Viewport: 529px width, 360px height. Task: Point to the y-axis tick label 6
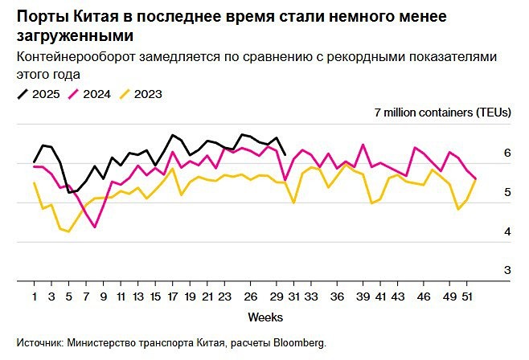click(506, 153)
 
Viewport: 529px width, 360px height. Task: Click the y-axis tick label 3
click(506, 271)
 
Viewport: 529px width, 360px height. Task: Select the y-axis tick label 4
click(506, 231)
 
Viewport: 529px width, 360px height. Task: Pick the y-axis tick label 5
click(506, 192)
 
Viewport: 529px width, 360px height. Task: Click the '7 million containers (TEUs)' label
click(443, 112)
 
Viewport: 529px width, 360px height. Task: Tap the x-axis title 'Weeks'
click(264, 317)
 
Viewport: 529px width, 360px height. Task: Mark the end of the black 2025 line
click(285, 154)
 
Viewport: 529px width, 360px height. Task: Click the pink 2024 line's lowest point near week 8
click(95, 227)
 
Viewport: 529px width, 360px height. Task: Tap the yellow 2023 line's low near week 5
click(69, 231)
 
